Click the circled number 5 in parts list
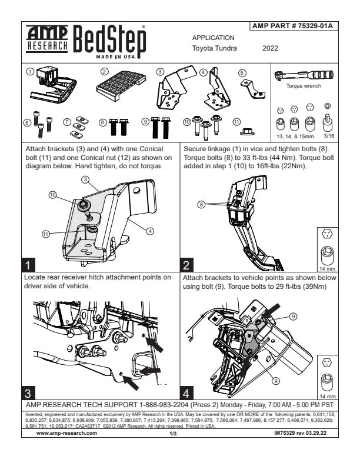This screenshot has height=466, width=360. tap(242, 73)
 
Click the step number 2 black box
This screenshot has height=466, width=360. tap(186, 264)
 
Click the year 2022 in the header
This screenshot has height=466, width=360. tap(270, 48)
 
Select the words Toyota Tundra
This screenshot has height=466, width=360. tap(215, 48)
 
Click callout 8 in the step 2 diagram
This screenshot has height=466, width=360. tap(202, 205)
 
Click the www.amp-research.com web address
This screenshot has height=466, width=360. tap(66, 432)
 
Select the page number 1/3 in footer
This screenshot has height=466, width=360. tap(173, 433)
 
